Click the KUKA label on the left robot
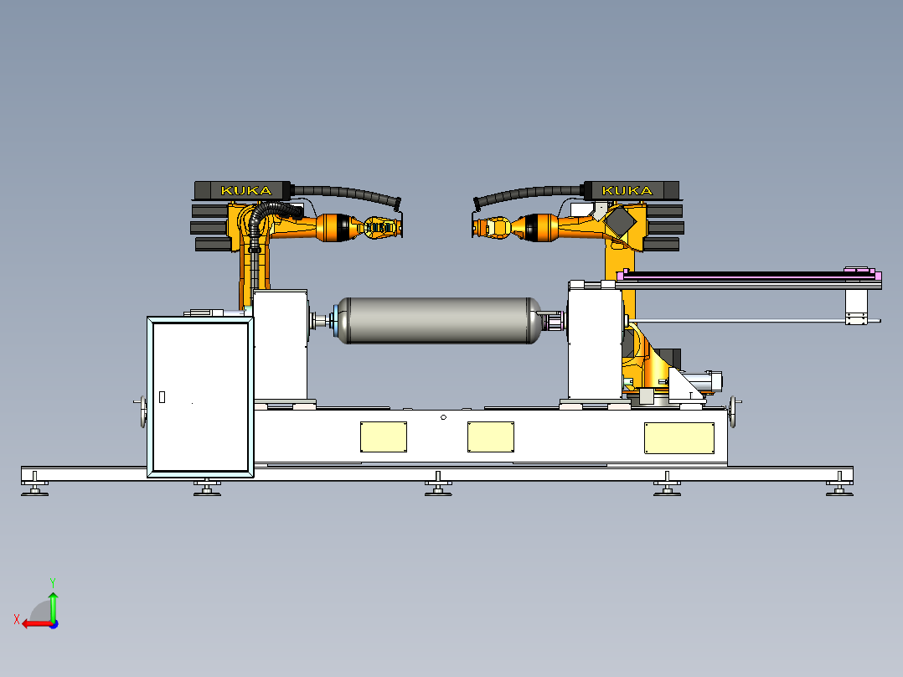246,190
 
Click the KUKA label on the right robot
627,190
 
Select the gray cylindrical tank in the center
438,320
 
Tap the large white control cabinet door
200,397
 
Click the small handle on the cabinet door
162,397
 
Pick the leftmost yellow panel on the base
384,437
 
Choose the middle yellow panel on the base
491,437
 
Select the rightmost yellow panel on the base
679,438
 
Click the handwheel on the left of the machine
142,411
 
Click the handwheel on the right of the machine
733,411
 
